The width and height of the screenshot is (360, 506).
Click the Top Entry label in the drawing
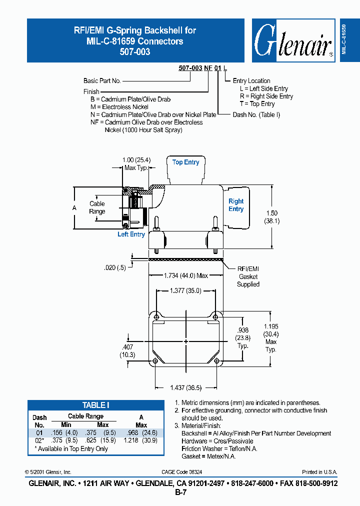click(185, 162)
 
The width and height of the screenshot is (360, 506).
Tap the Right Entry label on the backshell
click(236, 205)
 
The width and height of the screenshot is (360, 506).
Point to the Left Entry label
click(131, 234)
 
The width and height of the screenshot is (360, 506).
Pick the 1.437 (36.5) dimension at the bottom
click(185, 388)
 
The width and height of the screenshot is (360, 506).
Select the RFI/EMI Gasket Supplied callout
click(248, 276)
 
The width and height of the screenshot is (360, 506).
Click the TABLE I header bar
click(95, 405)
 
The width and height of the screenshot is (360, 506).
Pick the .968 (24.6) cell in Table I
click(141, 432)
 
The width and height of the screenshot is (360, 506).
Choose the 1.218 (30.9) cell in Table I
click(141, 440)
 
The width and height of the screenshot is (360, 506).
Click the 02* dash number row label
click(39, 440)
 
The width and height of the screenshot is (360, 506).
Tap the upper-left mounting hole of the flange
click(157, 317)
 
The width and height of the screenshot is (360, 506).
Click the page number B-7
click(180, 492)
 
